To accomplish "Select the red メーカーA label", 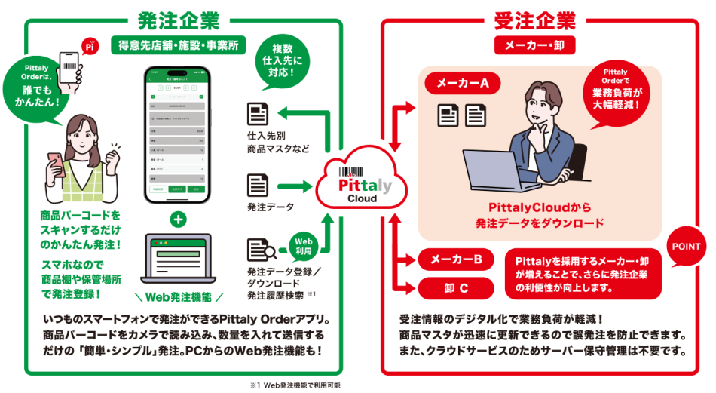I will pyautogui.click(x=464, y=83).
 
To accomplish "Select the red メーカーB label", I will pyautogui.click(x=456, y=259).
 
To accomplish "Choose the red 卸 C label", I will pyautogui.click(x=456, y=287).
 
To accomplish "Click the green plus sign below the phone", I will pyautogui.click(x=178, y=220).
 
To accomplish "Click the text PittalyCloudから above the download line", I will pyautogui.click(x=540, y=207).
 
